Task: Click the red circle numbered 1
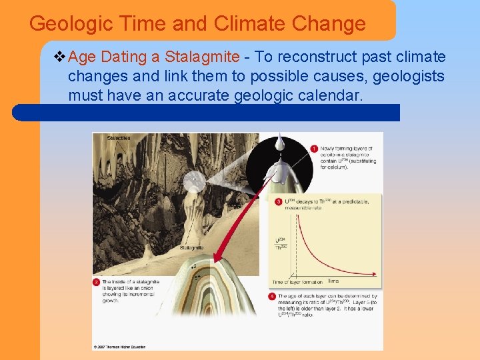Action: (314, 148)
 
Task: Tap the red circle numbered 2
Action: (97, 282)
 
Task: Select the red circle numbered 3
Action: (278, 201)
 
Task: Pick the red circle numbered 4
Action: (273, 295)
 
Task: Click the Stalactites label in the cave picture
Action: (119, 138)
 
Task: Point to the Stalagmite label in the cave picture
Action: (191, 248)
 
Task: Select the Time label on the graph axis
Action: (333, 281)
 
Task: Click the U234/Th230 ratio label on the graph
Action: (281, 244)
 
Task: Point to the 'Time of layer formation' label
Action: (297, 282)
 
